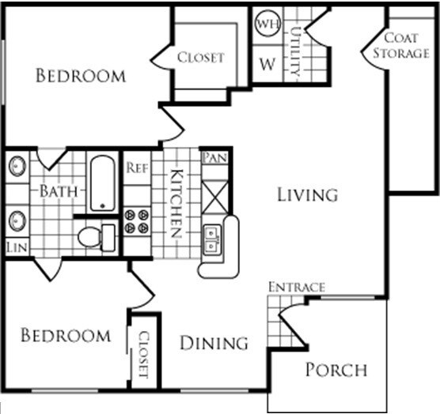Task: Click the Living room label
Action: tap(307, 194)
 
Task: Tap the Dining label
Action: tap(214, 344)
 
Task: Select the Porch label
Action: tap(336, 370)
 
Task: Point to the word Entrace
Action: tap(296, 287)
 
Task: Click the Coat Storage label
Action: tap(406, 46)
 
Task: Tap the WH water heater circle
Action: tap(265, 24)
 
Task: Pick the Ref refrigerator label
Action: tap(137, 167)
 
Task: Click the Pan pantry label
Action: tap(214, 158)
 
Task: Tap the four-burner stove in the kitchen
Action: tap(137, 220)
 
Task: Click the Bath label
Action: tap(59, 191)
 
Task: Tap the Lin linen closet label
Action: tap(15, 247)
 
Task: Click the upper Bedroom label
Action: tap(81, 76)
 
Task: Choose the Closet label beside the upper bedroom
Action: tap(200, 57)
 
